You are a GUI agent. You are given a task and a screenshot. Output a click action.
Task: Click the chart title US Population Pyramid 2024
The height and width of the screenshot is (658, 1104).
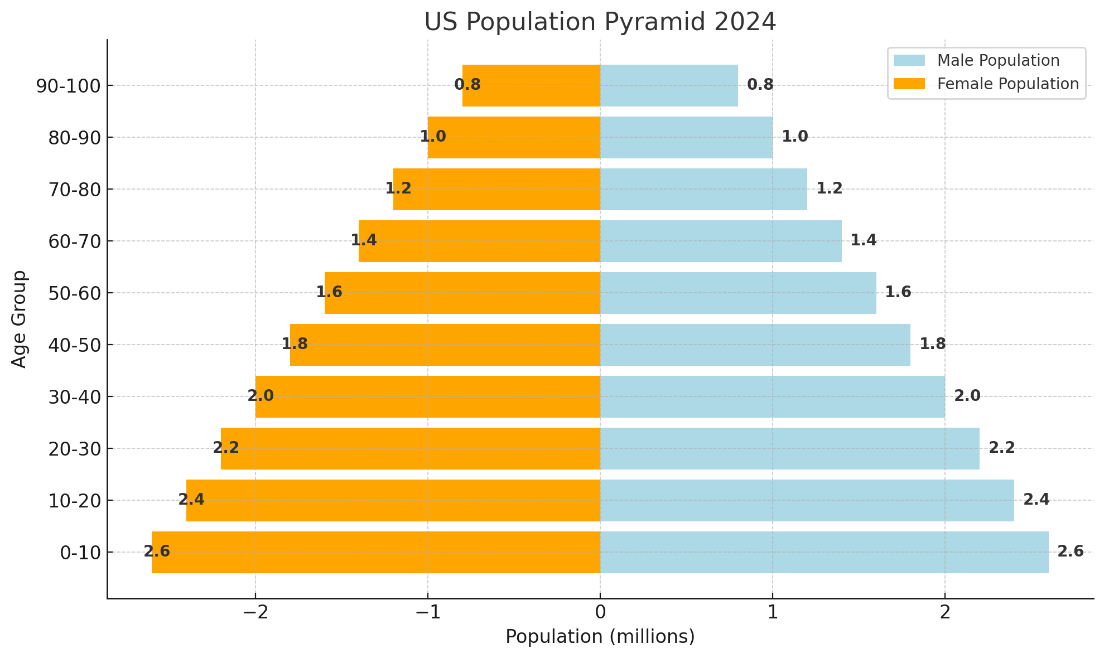click(600, 22)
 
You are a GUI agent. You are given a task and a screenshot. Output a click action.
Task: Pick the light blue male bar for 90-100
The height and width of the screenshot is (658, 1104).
click(669, 85)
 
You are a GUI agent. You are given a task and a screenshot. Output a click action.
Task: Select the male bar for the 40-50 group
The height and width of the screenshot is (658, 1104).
click(755, 345)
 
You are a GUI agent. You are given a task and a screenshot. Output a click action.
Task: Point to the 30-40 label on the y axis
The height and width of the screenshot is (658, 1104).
click(74, 397)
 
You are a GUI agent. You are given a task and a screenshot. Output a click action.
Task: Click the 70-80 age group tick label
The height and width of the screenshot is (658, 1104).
click(74, 190)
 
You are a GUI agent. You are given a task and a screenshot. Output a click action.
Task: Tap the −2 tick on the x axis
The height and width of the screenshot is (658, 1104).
click(255, 613)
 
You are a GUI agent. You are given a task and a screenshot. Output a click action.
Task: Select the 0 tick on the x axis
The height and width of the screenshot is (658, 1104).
click(600, 613)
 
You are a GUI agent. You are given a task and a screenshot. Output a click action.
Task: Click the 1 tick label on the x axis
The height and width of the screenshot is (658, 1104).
click(773, 613)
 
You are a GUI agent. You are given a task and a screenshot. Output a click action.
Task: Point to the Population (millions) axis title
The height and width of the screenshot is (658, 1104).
click(600, 637)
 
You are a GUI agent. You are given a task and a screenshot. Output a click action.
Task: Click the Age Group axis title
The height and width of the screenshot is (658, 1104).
click(20, 319)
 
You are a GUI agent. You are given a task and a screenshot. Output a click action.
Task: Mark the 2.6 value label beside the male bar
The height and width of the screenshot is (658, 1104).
click(1070, 551)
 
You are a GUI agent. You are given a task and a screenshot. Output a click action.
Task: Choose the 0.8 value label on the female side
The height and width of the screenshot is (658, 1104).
click(467, 85)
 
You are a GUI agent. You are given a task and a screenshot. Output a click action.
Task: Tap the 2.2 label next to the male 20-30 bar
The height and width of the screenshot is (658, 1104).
click(1001, 448)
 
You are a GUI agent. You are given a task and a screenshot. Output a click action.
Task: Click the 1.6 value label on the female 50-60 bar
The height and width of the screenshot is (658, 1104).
click(329, 292)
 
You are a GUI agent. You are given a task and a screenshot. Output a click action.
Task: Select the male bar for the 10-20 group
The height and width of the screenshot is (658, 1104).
click(807, 500)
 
